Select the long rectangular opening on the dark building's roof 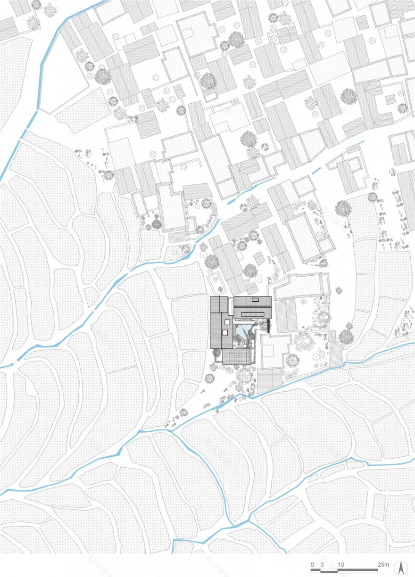[x=254, y=311]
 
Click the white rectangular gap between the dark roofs [x=231, y=306]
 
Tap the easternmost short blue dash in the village [x=361, y=143]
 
